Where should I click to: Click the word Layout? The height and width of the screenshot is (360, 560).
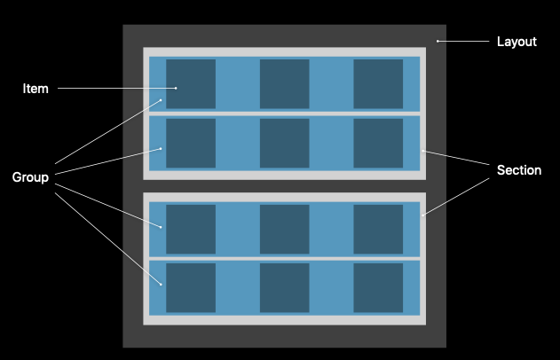[x=517, y=42]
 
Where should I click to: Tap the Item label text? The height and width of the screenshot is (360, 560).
[x=35, y=89]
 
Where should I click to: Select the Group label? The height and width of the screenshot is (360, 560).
[x=30, y=177]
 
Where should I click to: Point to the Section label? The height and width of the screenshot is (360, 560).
[x=519, y=170]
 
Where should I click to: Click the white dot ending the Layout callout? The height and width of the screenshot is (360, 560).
[x=438, y=41]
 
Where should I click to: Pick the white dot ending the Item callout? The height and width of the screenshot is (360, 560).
[x=177, y=88]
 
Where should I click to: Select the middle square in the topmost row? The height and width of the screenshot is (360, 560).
[x=284, y=84]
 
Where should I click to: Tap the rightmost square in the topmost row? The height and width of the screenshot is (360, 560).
[x=378, y=84]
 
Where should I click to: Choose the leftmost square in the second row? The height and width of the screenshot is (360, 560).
[x=191, y=143]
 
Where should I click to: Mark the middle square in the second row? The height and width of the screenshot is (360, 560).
[x=284, y=143]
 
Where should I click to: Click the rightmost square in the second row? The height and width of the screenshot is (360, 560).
[x=378, y=143]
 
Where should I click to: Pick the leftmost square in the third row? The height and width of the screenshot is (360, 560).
[x=191, y=229]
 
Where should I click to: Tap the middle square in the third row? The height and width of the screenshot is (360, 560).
[x=284, y=229]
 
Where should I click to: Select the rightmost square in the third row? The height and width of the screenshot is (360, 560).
[x=378, y=229]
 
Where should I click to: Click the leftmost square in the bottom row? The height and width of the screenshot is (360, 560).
[x=191, y=287]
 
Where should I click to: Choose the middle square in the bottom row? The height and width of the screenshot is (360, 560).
[x=284, y=287]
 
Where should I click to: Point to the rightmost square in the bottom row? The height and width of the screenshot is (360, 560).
[x=378, y=287]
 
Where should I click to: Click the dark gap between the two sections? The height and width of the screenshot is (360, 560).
[x=284, y=186]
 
